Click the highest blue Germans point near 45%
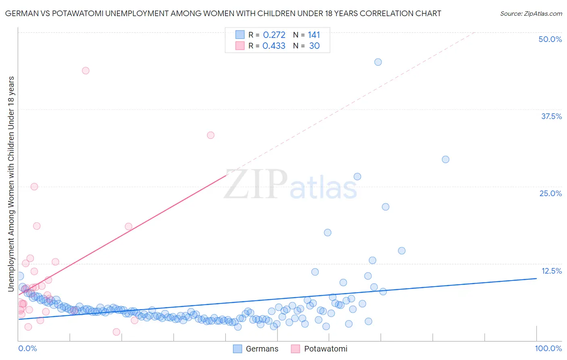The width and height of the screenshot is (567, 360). click(378, 62)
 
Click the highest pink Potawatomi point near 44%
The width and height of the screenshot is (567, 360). click(85, 71)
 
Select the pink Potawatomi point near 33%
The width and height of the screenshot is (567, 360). click(211, 135)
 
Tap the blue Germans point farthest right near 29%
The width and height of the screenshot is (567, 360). click(446, 159)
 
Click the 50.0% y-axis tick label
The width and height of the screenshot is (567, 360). click(550, 39)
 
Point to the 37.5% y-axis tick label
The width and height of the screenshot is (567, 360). click(551, 116)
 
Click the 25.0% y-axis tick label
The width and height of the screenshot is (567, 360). click(550, 193)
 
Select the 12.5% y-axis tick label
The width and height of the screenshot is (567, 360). click(551, 271)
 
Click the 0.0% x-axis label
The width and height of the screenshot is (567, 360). click(27, 348)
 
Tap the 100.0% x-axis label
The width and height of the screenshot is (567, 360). click(548, 348)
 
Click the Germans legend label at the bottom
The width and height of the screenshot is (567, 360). click(262, 349)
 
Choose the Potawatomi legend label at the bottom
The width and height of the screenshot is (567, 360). click(325, 349)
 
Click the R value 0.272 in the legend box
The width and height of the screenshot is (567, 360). click(274, 35)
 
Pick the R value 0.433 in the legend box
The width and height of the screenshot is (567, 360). click(274, 46)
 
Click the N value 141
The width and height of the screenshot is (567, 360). click(314, 35)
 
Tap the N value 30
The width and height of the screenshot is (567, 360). click(314, 46)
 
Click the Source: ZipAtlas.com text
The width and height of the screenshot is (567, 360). click(531, 13)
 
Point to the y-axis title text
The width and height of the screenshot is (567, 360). click(11, 184)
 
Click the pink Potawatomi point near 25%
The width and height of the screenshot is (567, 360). click(34, 186)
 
